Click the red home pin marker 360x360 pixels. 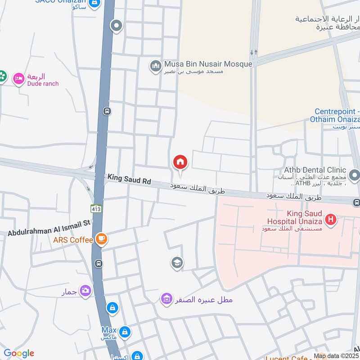tap(180, 162)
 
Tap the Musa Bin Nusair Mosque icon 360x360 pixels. tap(156, 66)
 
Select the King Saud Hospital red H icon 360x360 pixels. tap(331, 220)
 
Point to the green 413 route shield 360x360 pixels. tap(96, 209)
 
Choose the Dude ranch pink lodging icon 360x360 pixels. tap(18, 79)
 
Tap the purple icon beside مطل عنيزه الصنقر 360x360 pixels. tap(167, 298)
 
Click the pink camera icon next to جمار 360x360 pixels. tap(85, 291)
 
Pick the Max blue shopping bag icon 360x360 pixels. tap(125, 333)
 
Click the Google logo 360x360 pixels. tap(18, 354)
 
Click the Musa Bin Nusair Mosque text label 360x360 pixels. tap(208, 64)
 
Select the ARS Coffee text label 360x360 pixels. tap(72, 240)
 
